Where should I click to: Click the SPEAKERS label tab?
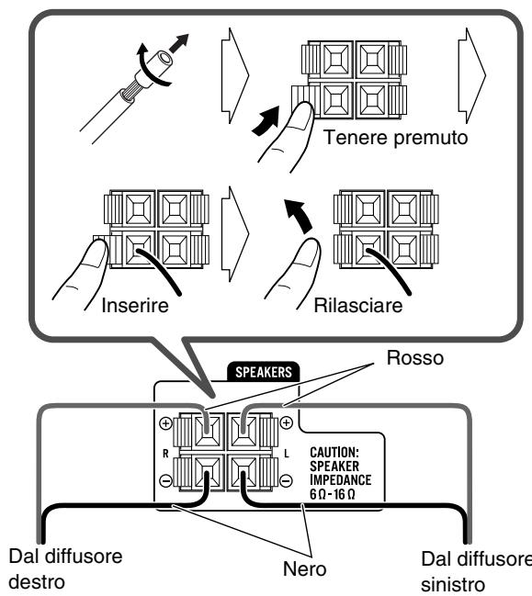pyautogui.click(x=263, y=372)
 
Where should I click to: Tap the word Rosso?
pyautogui.click(x=415, y=357)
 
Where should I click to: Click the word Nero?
pyautogui.click(x=305, y=569)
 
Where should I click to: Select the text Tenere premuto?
pyautogui.click(x=395, y=137)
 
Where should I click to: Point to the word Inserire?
pyautogui.click(x=135, y=305)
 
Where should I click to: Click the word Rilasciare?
pyautogui.click(x=357, y=305)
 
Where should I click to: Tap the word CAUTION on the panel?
pyautogui.click(x=334, y=453)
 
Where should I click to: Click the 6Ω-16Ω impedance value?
pyautogui.click(x=333, y=494)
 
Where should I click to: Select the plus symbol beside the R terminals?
pyautogui.click(x=165, y=423)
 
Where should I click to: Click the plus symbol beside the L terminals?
pyautogui.click(x=286, y=422)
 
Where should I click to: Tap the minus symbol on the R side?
pyautogui.click(x=165, y=481)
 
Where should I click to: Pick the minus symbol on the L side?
pyautogui.click(x=286, y=480)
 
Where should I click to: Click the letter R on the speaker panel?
pyautogui.click(x=165, y=454)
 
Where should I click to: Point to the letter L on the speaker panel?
pyautogui.click(x=287, y=453)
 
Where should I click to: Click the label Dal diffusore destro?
pyautogui.click(x=65, y=569)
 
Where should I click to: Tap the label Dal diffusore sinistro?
pyautogui.click(x=477, y=571)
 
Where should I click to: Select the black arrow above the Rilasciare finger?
pyautogui.click(x=299, y=216)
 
